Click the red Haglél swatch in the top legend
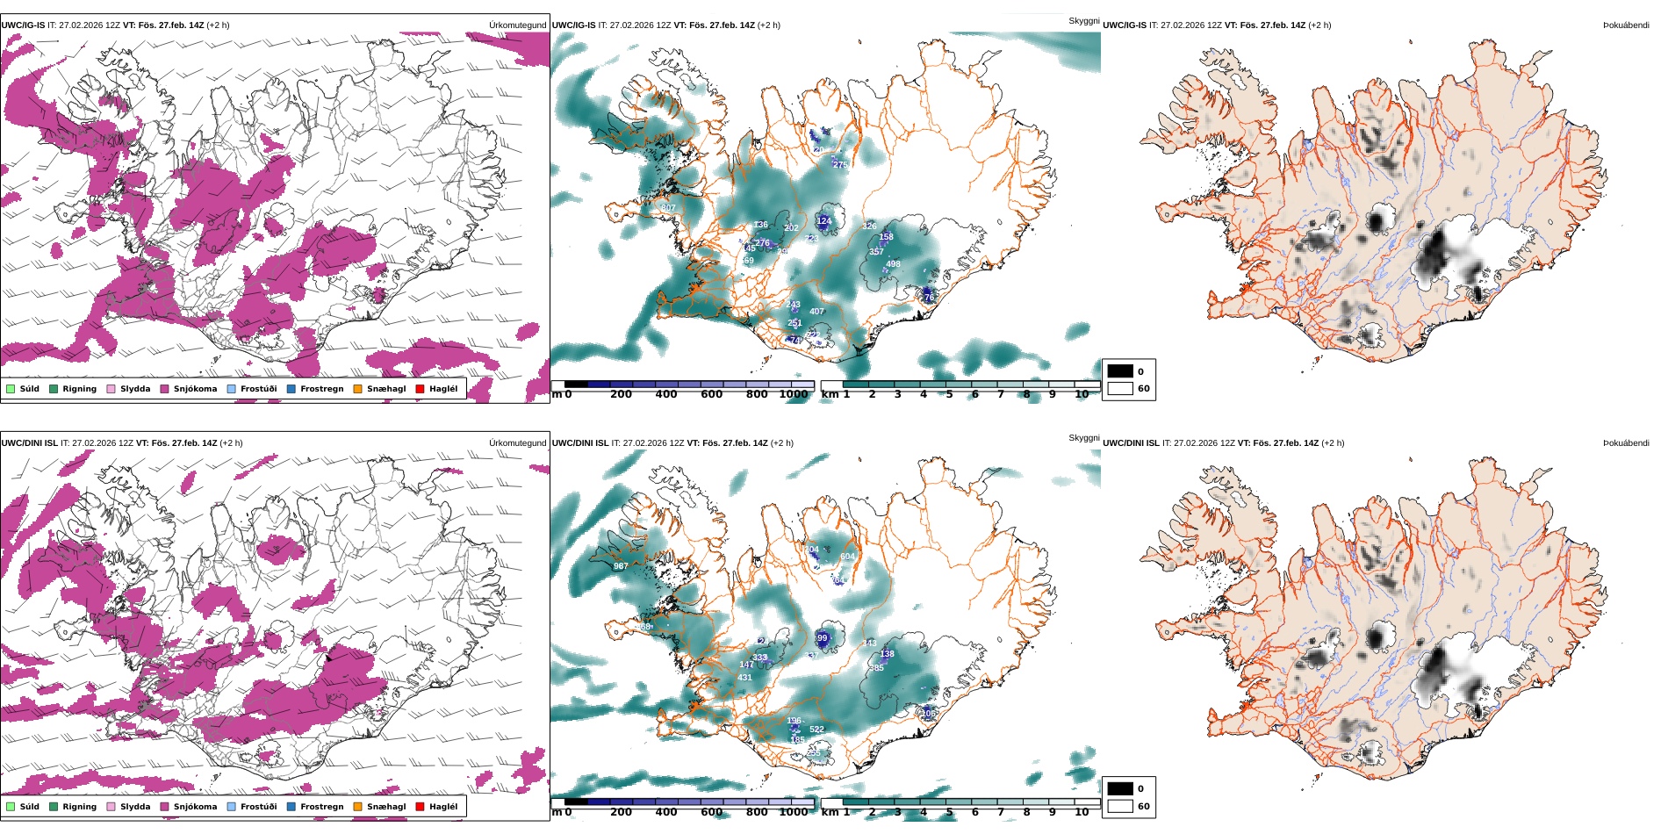(x=420, y=388)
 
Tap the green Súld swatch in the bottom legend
(x=11, y=806)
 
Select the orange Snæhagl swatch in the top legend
(x=357, y=388)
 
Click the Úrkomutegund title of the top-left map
(x=517, y=25)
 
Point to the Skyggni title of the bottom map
(x=1083, y=437)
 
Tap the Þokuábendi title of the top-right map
(x=1626, y=25)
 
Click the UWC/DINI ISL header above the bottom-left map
(x=32, y=443)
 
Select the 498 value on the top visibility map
(x=893, y=264)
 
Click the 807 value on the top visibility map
(x=668, y=208)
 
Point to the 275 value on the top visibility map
(x=840, y=164)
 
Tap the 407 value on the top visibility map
(x=816, y=312)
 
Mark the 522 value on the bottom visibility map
(x=816, y=730)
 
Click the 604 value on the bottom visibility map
(x=847, y=557)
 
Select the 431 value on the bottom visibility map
(x=744, y=678)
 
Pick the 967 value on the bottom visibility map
(x=621, y=566)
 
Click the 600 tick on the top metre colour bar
(x=711, y=394)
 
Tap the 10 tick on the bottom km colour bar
(x=1082, y=812)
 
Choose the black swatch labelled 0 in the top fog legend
(x=1120, y=371)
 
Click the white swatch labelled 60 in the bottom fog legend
(x=1120, y=806)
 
